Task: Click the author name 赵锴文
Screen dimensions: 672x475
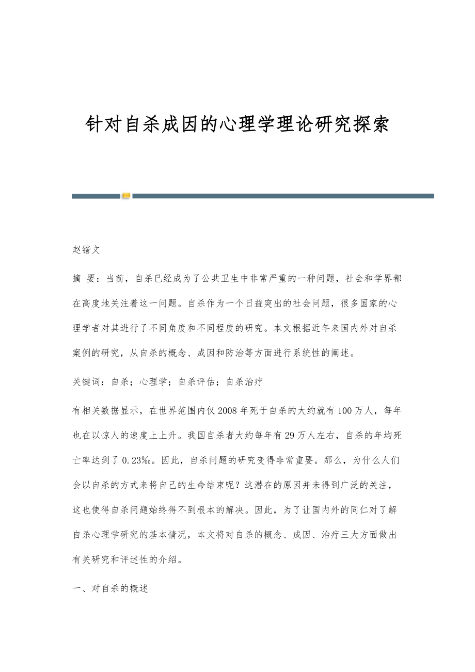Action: (86, 250)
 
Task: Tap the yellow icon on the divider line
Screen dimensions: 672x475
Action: (126, 196)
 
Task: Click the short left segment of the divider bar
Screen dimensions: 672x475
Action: (96, 196)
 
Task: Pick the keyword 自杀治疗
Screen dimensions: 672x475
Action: (245, 382)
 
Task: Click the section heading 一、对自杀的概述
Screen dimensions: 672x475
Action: (110, 588)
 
